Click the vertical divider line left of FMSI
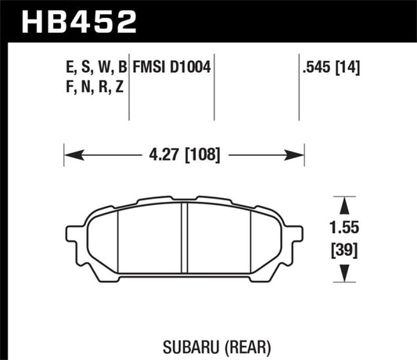point(128,86)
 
